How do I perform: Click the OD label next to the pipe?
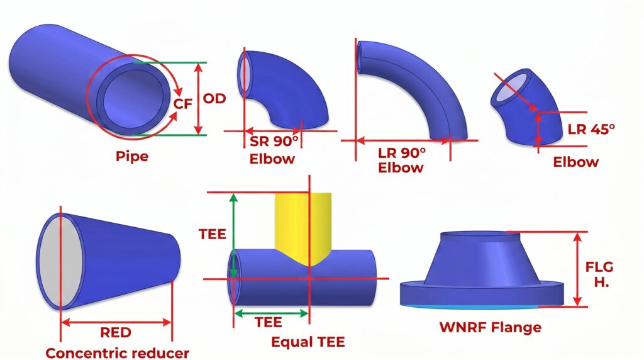(x=214, y=98)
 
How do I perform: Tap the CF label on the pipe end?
(x=182, y=104)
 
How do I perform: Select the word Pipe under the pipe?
(x=132, y=155)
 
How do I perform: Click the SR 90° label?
(x=274, y=141)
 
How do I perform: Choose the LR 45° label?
(x=591, y=129)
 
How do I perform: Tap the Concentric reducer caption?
(x=117, y=352)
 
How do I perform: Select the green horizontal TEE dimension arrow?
(x=271, y=312)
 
